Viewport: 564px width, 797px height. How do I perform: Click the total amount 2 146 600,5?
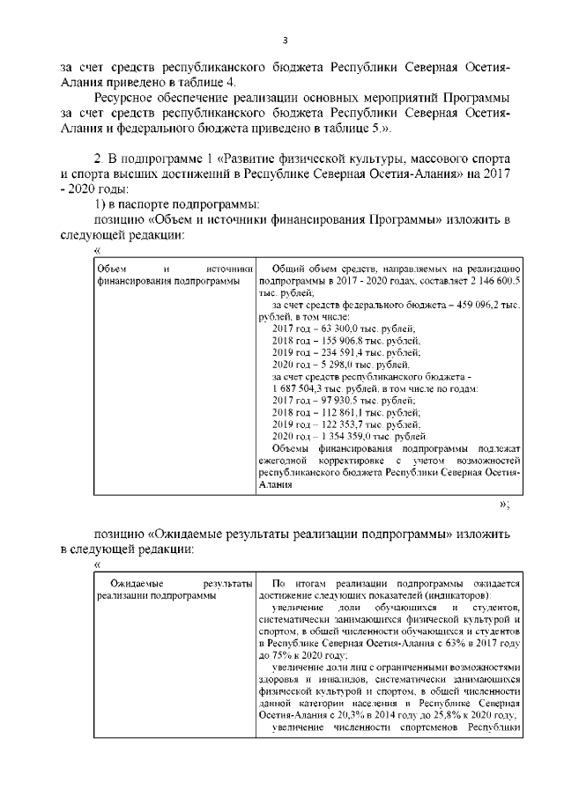tap(490, 279)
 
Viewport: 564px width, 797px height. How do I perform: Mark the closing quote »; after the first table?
tap(504, 505)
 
